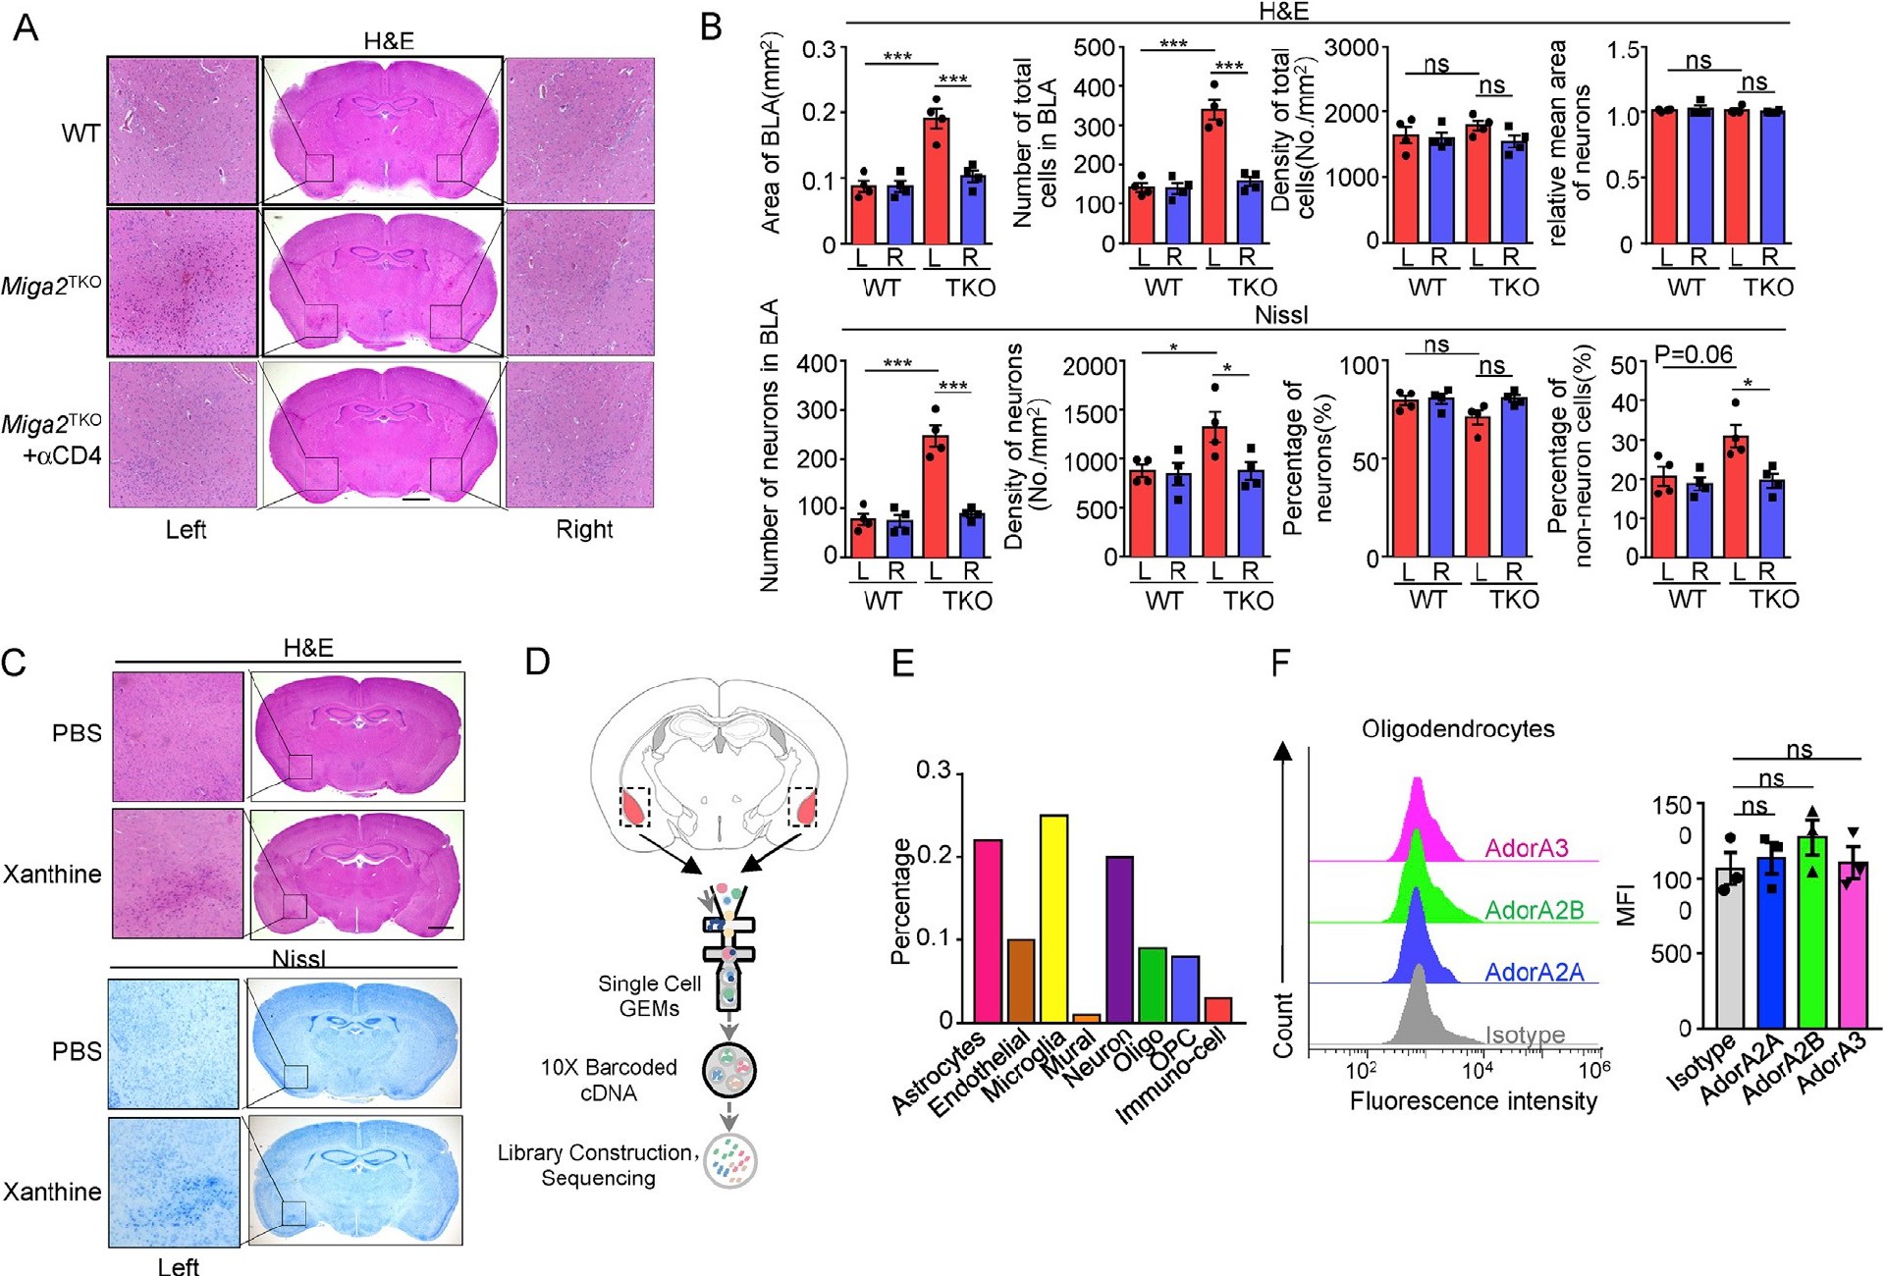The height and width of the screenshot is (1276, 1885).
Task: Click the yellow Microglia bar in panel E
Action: pos(1053,918)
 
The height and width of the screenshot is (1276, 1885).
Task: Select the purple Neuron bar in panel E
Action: pos(1119,938)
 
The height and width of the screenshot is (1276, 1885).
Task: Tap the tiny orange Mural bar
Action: pos(1087,1018)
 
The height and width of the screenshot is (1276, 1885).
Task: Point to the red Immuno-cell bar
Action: pos(1217,1010)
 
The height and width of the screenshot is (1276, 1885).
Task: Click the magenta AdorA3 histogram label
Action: pos(1527,848)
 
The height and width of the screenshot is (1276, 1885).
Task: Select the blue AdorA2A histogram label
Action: pos(1534,972)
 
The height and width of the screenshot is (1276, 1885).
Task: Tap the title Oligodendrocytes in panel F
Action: pos(1458,729)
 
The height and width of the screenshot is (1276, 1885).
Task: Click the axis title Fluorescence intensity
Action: pos(1473,1101)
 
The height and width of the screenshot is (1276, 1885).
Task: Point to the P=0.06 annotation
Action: pos(1694,354)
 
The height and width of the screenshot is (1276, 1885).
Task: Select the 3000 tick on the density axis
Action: pos(1351,49)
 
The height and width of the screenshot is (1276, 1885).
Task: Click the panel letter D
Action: pos(536,662)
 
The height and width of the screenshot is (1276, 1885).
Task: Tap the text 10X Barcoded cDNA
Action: pos(609,1080)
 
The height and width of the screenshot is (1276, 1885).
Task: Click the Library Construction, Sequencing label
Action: pos(598,1165)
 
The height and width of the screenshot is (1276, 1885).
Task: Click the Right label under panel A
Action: pos(584,529)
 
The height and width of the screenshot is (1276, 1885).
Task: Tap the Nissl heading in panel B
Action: pos(1281,315)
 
